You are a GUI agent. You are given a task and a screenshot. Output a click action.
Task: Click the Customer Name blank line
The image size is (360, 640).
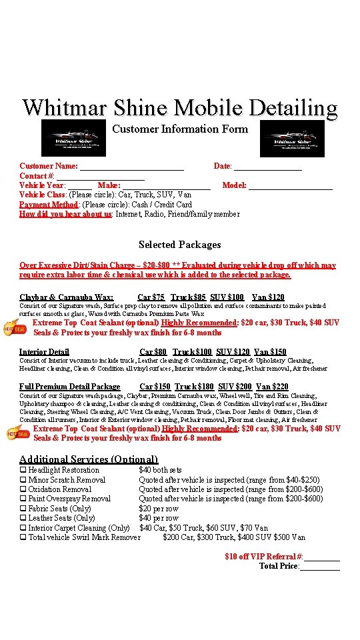pos(132,167)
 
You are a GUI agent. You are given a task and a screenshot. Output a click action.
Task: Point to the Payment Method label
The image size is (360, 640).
pos(49,205)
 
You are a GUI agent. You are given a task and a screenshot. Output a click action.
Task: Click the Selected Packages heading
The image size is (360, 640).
pos(179,245)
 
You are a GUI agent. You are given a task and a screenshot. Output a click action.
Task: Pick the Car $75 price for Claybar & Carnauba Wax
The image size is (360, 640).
pos(151,297)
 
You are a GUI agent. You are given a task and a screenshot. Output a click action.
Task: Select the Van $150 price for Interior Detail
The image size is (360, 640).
pos(270,352)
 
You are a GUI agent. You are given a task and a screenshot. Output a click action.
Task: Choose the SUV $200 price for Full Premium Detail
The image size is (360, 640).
pos(235,387)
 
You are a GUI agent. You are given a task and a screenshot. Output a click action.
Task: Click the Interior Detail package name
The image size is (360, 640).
pos(44,352)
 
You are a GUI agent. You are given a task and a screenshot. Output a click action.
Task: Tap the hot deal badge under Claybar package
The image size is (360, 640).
pos(17,327)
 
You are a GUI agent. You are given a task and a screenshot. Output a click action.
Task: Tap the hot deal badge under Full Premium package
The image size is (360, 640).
pos(17,433)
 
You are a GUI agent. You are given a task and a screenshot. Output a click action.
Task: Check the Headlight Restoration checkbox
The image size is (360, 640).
pos(23,471)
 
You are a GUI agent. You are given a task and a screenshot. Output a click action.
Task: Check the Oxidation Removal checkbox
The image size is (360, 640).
pos(23,489)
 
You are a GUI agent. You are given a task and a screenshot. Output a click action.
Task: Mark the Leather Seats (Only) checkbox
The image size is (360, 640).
pos(23,518)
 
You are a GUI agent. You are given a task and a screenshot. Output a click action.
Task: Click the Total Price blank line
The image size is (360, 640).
pos(320,567)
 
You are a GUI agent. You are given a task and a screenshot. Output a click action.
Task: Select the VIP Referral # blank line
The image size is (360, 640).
pos(323,557)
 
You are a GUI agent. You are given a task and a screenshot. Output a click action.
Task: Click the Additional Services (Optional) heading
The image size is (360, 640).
pos(89,459)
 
